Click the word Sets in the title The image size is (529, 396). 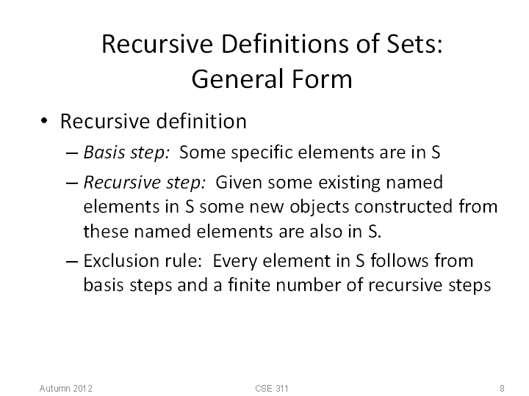[x=414, y=44]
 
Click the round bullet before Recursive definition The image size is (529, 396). [x=44, y=120]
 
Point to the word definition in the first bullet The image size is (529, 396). [x=202, y=121]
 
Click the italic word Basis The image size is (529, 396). [x=104, y=153]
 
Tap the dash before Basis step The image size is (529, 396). [x=72, y=153]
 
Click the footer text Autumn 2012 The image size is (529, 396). [x=66, y=388]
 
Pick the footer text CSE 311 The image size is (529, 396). [x=272, y=388]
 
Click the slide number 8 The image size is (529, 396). [x=502, y=388]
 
